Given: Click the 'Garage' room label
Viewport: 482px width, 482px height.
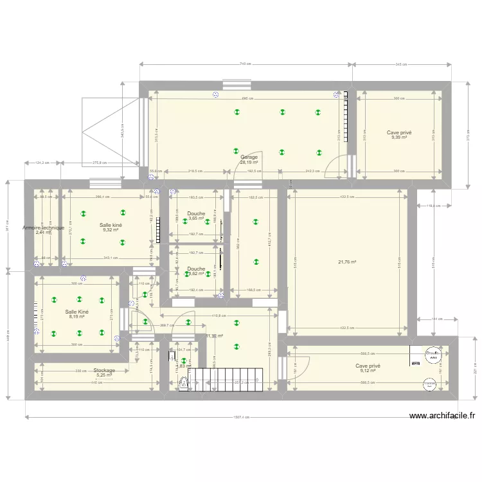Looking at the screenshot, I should coord(249,157).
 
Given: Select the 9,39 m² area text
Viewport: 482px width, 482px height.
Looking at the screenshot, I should coord(399,138).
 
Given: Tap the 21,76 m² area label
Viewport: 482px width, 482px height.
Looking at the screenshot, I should coord(347,262).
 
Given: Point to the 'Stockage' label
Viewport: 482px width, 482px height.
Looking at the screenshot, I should coord(104,370).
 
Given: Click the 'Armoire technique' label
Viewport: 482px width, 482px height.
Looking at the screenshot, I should coord(43,228).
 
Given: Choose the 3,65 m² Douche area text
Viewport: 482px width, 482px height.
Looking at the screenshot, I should coord(196,219).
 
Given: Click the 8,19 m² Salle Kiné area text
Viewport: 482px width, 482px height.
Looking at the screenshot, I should coord(77,317).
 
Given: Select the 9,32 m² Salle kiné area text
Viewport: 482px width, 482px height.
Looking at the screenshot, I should coord(110,230).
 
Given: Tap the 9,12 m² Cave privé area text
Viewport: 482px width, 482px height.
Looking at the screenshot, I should coord(368,371).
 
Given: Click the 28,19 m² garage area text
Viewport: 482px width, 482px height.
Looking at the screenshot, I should coord(249,163).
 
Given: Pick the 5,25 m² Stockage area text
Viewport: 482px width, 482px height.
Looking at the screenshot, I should coord(103,375).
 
